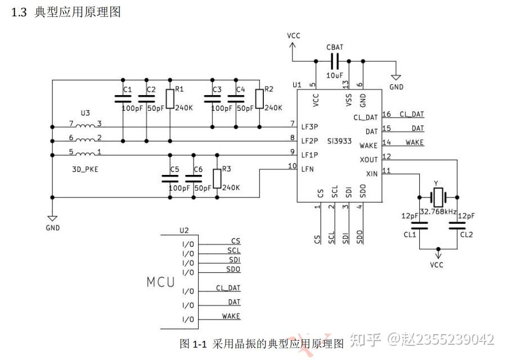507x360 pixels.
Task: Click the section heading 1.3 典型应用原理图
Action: coord(66,12)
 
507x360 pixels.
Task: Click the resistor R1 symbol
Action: coord(169,99)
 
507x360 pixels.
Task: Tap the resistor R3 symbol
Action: coord(217,178)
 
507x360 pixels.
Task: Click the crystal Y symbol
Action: coord(438,197)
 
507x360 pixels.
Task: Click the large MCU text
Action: coord(161,282)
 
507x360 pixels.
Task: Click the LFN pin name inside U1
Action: coord(307,168)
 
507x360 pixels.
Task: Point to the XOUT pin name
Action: coord(369,160)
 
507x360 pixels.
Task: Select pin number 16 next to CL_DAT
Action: coord(387,115)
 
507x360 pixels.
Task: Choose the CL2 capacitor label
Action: coord(466,235)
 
